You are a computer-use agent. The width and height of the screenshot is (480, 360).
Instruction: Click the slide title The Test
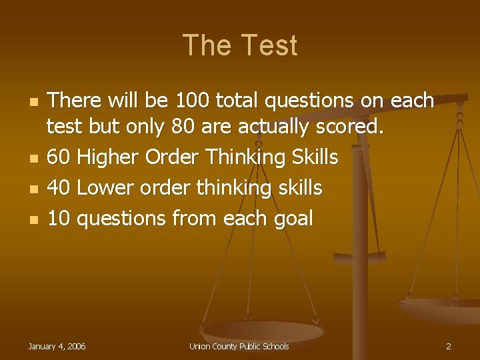pyautogui.click(x=240, y=45)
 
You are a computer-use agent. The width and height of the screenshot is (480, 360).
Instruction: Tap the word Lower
pyautogui.click(x=105, y=189)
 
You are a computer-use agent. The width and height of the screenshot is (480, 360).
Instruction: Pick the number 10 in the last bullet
pyautogui.click(x=59, y=218)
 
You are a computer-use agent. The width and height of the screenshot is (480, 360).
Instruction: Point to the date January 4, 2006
pyautogui.click(x=57, y=347)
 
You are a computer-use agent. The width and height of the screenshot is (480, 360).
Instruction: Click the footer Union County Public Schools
pyautogui.click(x=239, y=347)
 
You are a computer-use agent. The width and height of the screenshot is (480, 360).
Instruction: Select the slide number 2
pyautogui.click(x=449, y=347)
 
